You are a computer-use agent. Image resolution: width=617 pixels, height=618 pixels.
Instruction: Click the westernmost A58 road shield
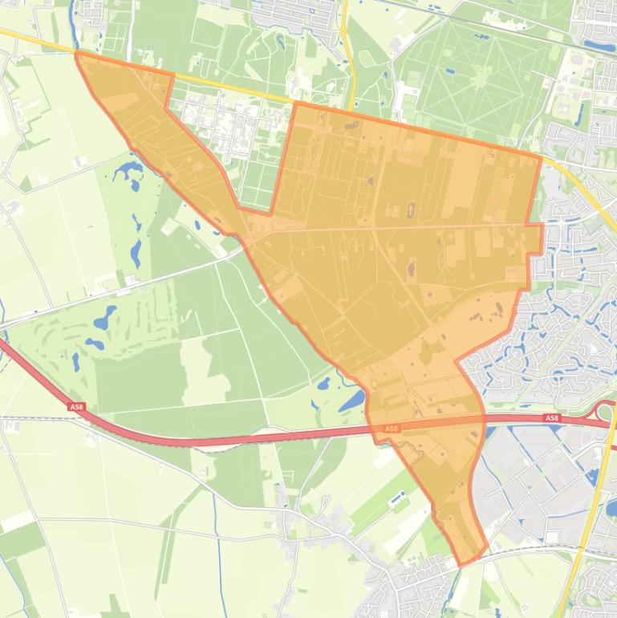tap(76, 408)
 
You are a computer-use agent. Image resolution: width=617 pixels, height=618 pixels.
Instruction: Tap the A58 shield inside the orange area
tap(391, 429)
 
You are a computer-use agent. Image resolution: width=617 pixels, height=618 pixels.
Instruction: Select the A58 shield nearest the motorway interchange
tap(551, 418)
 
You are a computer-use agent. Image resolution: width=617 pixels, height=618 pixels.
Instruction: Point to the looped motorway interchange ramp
tap(605, 411)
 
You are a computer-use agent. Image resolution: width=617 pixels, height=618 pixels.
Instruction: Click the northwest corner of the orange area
tap(77, 53)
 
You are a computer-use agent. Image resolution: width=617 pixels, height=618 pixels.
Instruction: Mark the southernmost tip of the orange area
tap(461, 563)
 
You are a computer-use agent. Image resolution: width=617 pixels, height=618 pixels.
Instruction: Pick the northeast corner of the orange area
tap(542, 157)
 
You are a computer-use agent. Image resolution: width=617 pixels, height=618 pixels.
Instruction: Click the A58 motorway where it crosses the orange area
tap(425, 425)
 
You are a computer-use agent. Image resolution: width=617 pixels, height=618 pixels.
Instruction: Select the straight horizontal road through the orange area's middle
tap(401, 227)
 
